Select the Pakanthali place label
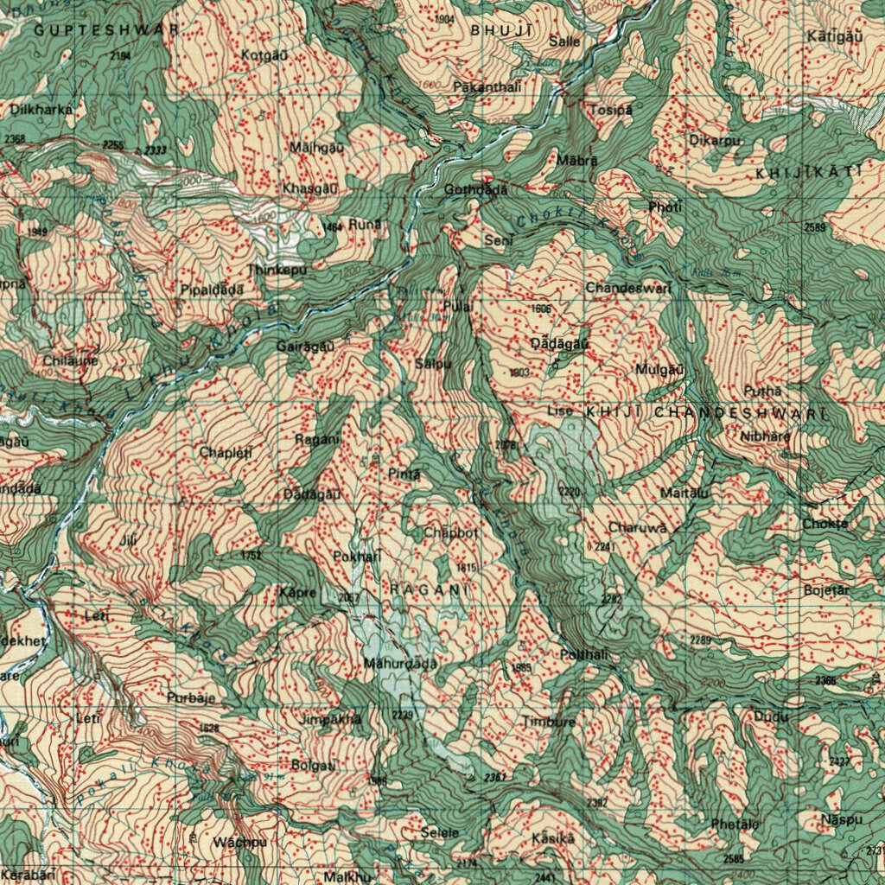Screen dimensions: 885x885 (x=487, y=87)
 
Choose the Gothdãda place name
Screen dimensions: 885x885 (x=476, y=190)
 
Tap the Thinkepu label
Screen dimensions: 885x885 (x=277, y=270)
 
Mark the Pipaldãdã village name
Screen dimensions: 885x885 (x=213, y=290)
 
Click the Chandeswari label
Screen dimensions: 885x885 (x=628, y=288)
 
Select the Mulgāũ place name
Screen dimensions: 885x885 (x=659, y=369)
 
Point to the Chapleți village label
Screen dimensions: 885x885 (x=225, y=452)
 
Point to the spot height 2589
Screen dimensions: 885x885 (x=814, y=227)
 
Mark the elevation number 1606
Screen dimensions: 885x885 (x=541, y=309)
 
